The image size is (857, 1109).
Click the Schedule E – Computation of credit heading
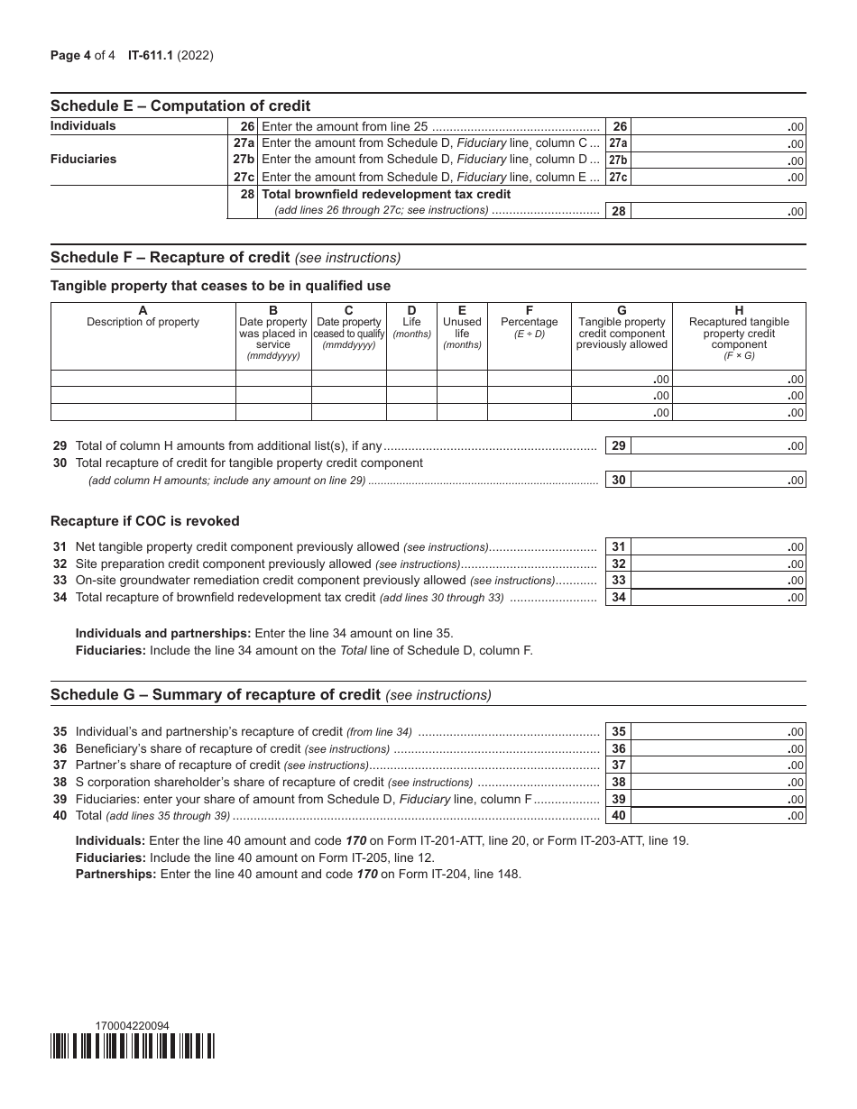(x=180, y=105)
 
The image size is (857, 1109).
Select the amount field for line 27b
(x=719, y=160)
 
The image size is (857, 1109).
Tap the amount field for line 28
(x=719, y=211)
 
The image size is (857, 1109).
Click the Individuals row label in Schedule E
(x=83, y=126)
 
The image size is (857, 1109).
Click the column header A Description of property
(x=143, y=316)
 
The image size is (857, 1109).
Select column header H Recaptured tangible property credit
(x=739, y=333)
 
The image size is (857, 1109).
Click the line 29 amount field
(x=719, y=445)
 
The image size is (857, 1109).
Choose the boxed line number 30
(x=619, y=480)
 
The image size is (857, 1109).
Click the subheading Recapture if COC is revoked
(x=144, y=521)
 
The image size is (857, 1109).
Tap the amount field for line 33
(x=719, y=580)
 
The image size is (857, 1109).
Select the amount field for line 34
(x=719, y=597)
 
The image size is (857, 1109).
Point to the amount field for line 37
(x=719, y=765)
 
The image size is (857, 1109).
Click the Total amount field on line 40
(x=719, y=815)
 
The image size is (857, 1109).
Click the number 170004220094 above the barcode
(x=131, y=1025)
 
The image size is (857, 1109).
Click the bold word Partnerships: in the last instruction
(x=115, y=874)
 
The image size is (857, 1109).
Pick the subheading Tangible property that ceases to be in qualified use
(x=220, y=286)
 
